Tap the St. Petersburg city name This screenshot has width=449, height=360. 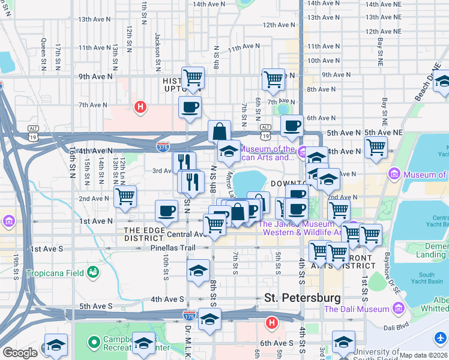click(x=303, y=298)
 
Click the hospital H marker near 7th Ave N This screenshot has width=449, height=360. click(x=140, y=107)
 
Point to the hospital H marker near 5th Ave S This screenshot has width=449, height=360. click(x=271, y=323)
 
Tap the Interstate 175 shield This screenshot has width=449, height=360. click(x=190, y=315)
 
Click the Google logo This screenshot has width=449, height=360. click(x=20, y=353)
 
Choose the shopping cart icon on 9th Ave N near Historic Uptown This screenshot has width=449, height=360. click(x=193, y=77)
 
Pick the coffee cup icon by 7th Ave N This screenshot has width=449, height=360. click(x=190, y=107)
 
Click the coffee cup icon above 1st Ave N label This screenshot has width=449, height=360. click(x=166, y=211)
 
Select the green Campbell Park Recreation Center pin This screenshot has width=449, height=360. click(x=93, y=343)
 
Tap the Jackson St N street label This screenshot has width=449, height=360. click(x=158, y=49)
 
